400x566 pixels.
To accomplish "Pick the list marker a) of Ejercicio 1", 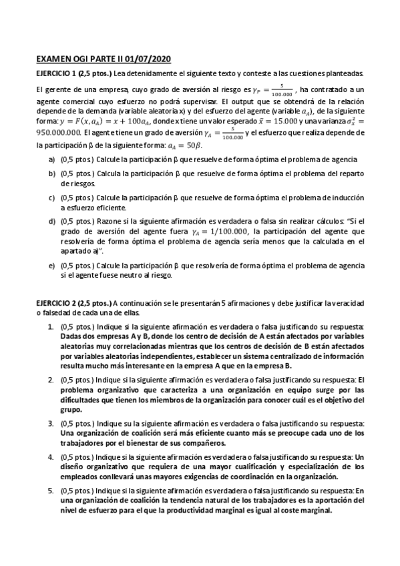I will (51, 159).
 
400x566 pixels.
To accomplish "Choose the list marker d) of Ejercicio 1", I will (51, 220).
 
